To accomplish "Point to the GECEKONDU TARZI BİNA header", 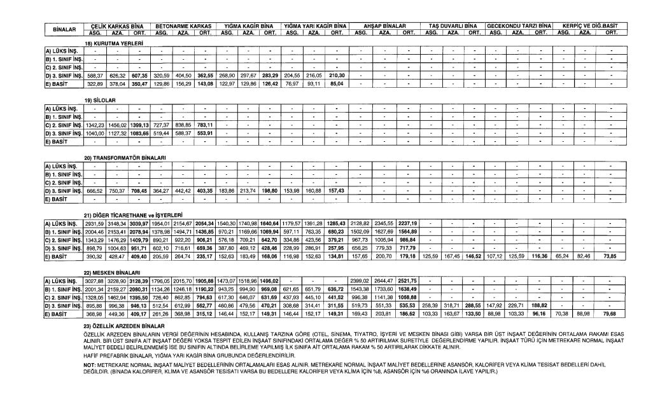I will coord(519,25).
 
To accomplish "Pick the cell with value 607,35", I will coord(139,76).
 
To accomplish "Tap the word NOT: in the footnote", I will coord(90,364).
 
